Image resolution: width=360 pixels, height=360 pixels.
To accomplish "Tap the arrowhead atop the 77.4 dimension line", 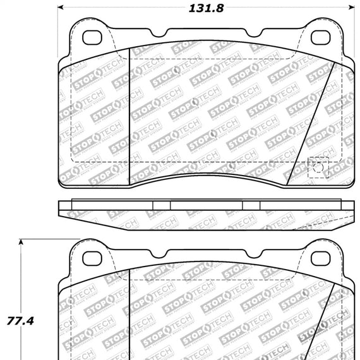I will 22,243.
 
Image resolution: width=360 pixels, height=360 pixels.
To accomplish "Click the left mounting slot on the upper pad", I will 93,36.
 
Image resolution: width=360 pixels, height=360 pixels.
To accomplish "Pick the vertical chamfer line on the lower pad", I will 129,316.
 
